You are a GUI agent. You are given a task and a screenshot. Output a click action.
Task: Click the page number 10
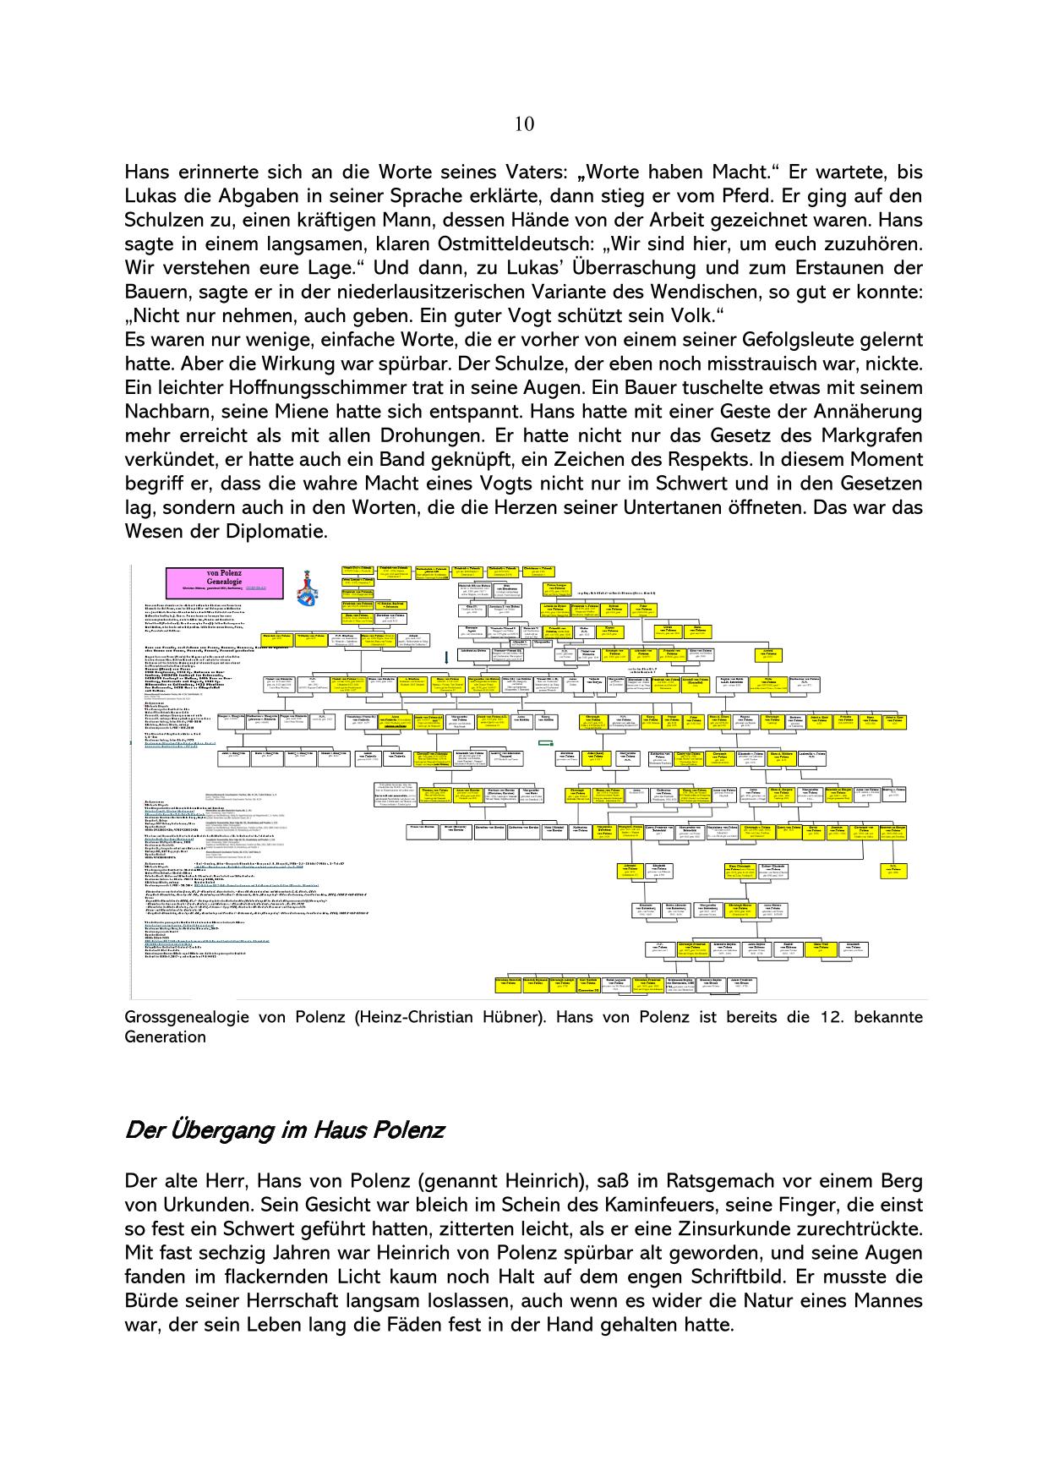524,124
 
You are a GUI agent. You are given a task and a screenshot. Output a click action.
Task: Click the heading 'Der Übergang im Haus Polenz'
284,1130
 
